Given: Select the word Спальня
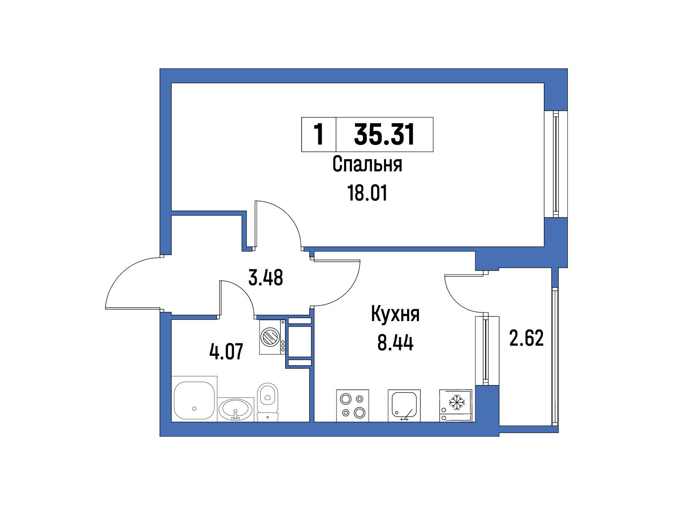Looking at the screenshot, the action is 367,164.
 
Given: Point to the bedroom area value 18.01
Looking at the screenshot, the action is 367,194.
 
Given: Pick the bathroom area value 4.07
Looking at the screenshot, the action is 226,351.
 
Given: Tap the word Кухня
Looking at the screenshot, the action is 395,314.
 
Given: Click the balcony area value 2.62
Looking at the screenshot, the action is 527,338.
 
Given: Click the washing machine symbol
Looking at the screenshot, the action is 272,337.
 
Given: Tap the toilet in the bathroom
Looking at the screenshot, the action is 268,402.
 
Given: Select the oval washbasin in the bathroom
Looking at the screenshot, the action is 236,409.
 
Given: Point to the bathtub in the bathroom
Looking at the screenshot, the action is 194,399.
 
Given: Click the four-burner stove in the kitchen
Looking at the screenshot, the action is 352,405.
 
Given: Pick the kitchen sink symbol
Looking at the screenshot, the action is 404,405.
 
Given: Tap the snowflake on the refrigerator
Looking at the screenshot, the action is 457,402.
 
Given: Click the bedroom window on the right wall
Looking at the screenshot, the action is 556,164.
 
